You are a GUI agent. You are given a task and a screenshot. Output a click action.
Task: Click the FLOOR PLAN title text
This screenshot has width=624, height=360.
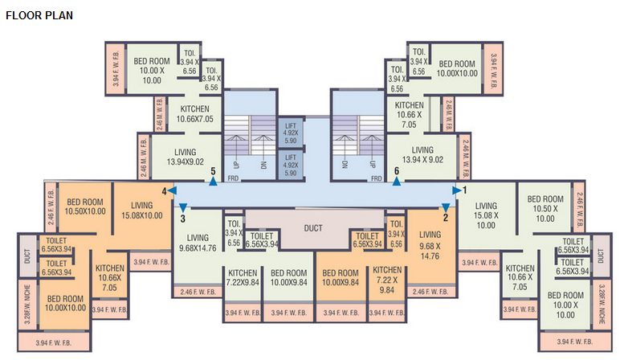(x=39, y=14)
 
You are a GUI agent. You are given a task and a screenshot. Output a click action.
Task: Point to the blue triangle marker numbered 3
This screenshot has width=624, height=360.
(x=183, y=208)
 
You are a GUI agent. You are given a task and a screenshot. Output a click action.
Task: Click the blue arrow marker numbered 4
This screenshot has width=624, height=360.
(x=173, y=190)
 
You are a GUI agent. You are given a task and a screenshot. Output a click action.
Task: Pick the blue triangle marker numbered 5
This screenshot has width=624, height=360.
(x=213, y=181)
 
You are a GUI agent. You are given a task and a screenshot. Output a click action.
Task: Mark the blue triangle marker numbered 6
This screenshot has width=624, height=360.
(x=396, y=181)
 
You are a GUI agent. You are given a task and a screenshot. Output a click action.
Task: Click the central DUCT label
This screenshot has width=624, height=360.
(x=313, y=228)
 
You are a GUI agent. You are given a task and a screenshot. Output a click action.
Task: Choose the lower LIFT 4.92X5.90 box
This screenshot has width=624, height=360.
(x=291, y=165)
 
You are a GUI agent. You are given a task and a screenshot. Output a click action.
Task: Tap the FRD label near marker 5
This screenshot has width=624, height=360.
(x=233, y=178)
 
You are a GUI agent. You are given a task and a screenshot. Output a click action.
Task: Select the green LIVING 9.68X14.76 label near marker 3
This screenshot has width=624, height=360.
(x=198, y=243)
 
